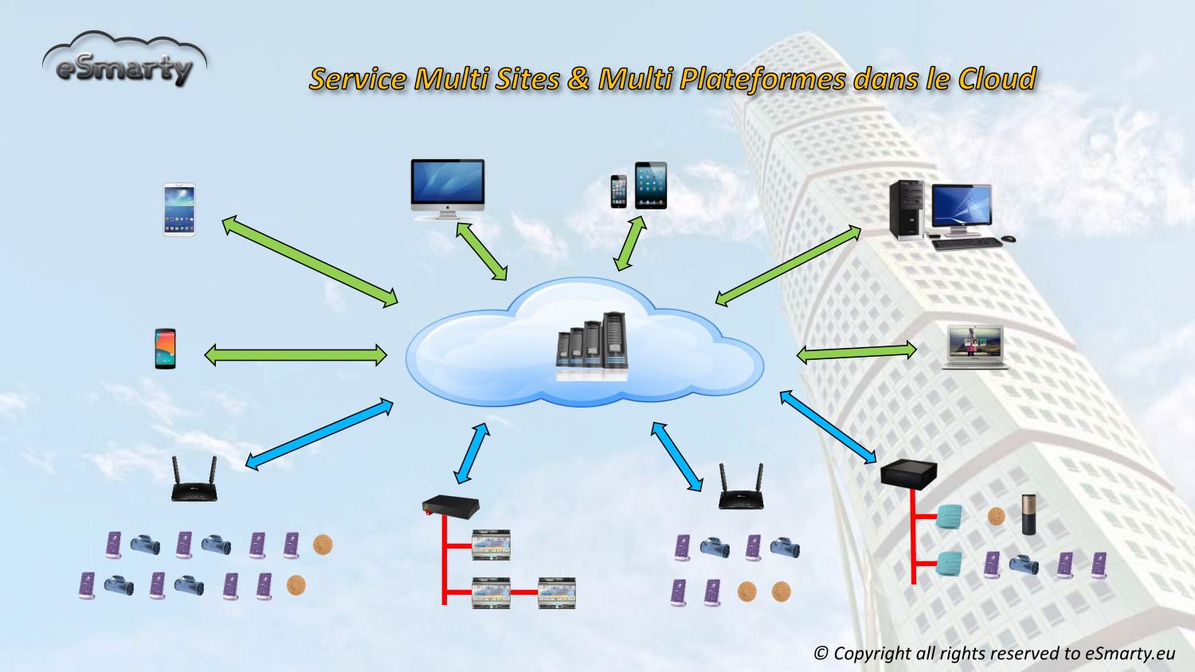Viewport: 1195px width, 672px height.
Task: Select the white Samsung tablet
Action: coord(179,209)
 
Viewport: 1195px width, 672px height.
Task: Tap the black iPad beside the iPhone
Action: coord(651,185)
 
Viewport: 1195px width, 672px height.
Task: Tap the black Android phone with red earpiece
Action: coord(165,348)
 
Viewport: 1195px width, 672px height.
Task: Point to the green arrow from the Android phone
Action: coord(296,354)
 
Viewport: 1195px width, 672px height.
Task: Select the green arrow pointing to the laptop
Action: coord(856,352)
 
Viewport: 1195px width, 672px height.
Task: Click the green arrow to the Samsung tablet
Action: coord(310,261)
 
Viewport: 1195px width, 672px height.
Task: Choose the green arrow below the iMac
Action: coord(481,251)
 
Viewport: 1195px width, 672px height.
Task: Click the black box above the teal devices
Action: coord(908,475)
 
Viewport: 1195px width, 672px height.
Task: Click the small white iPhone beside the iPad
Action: coord(619,191)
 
